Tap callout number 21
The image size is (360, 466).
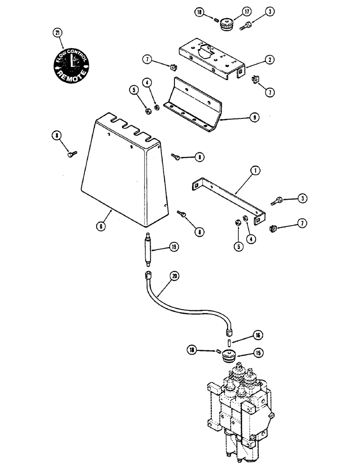57,33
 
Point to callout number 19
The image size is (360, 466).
173,247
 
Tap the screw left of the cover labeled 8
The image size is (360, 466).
72,152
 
